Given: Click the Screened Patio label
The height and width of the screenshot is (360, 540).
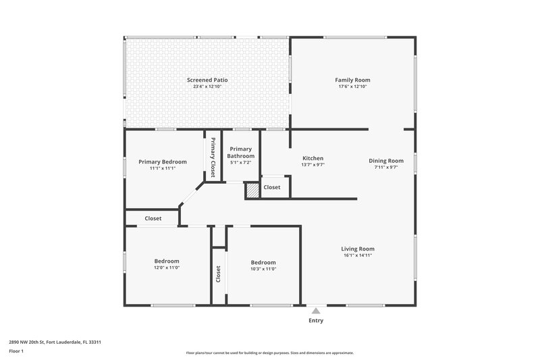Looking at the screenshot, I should (207, 80).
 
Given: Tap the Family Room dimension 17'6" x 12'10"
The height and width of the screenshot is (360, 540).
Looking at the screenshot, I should (352, 86).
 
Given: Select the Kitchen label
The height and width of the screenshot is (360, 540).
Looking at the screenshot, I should (313, 158).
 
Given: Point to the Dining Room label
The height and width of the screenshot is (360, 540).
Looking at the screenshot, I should (386, 161).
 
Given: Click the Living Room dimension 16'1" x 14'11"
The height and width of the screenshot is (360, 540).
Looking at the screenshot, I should (357, 255).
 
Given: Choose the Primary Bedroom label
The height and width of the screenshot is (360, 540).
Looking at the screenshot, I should (163, 162).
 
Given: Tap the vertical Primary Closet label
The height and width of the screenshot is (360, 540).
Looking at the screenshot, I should (213, 157).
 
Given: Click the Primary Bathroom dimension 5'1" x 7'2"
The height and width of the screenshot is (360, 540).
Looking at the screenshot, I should (240, 163).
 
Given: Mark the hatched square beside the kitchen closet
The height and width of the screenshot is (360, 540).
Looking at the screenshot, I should (252, 190).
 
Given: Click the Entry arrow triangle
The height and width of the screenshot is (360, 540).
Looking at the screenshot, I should (315, 311).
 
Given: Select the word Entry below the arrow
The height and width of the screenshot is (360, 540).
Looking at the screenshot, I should (315, 320).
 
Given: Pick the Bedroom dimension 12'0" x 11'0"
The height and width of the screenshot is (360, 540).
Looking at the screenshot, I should (167, 268).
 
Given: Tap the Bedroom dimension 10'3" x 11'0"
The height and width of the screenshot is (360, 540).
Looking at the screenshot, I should (263, 269).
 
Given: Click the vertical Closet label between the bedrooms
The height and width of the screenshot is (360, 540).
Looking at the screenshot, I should (218, 274).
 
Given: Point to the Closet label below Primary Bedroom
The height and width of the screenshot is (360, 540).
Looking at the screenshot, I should (153, 219).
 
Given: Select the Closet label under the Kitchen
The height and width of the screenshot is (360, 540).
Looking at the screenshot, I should (272, 187).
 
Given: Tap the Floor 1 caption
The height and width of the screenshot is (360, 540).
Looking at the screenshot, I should (17, 352).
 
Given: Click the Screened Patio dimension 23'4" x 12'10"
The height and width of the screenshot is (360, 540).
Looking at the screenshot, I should (207, 86).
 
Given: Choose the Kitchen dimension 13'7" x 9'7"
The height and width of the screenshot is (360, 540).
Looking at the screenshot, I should (313, 165).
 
